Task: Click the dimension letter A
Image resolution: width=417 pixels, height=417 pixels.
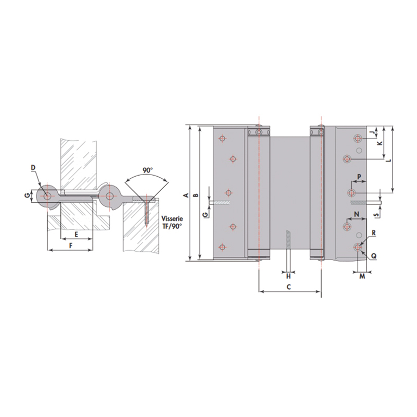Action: tap(187, 195)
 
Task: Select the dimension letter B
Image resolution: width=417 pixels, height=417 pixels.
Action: tap(196, 195)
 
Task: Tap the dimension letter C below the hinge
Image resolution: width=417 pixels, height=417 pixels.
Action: tap(289, 287)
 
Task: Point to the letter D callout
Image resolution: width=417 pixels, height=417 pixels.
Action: tap(33, 167)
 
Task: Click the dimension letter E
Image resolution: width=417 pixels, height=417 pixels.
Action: tap(76, 235)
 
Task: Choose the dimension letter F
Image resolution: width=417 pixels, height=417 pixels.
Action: tap(71, 246)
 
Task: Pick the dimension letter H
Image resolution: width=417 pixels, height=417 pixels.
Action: tap(289, 277)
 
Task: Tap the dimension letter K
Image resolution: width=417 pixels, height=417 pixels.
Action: tap(380, 143)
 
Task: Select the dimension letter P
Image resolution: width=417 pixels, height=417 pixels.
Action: tap(359, 176)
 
